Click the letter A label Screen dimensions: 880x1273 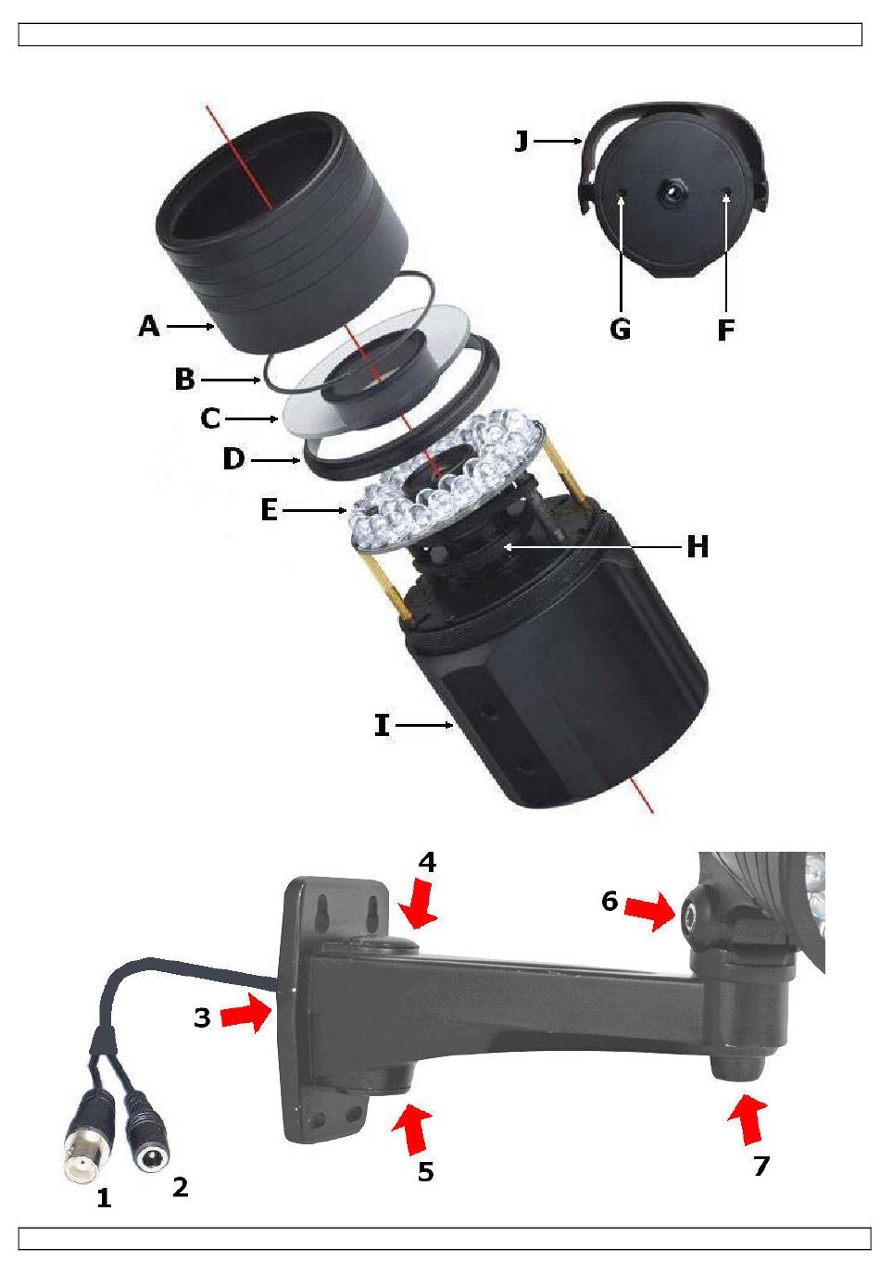[x=149, y=326]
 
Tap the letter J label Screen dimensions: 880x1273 [x=522, y=141]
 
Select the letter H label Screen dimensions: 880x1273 [x=698, y=547]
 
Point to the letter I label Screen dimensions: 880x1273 [x=382, y=726]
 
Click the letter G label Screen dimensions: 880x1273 [x=620, y=329]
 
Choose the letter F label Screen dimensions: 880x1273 [x=726, y=330]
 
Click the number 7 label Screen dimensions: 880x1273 [x=761, y=1166]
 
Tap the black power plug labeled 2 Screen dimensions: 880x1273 [x=146, y=1126]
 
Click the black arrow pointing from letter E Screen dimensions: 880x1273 [x=314, y=511]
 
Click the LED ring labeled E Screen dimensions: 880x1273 [x=445, y=479]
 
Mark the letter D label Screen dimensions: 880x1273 [x=233, y=459]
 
